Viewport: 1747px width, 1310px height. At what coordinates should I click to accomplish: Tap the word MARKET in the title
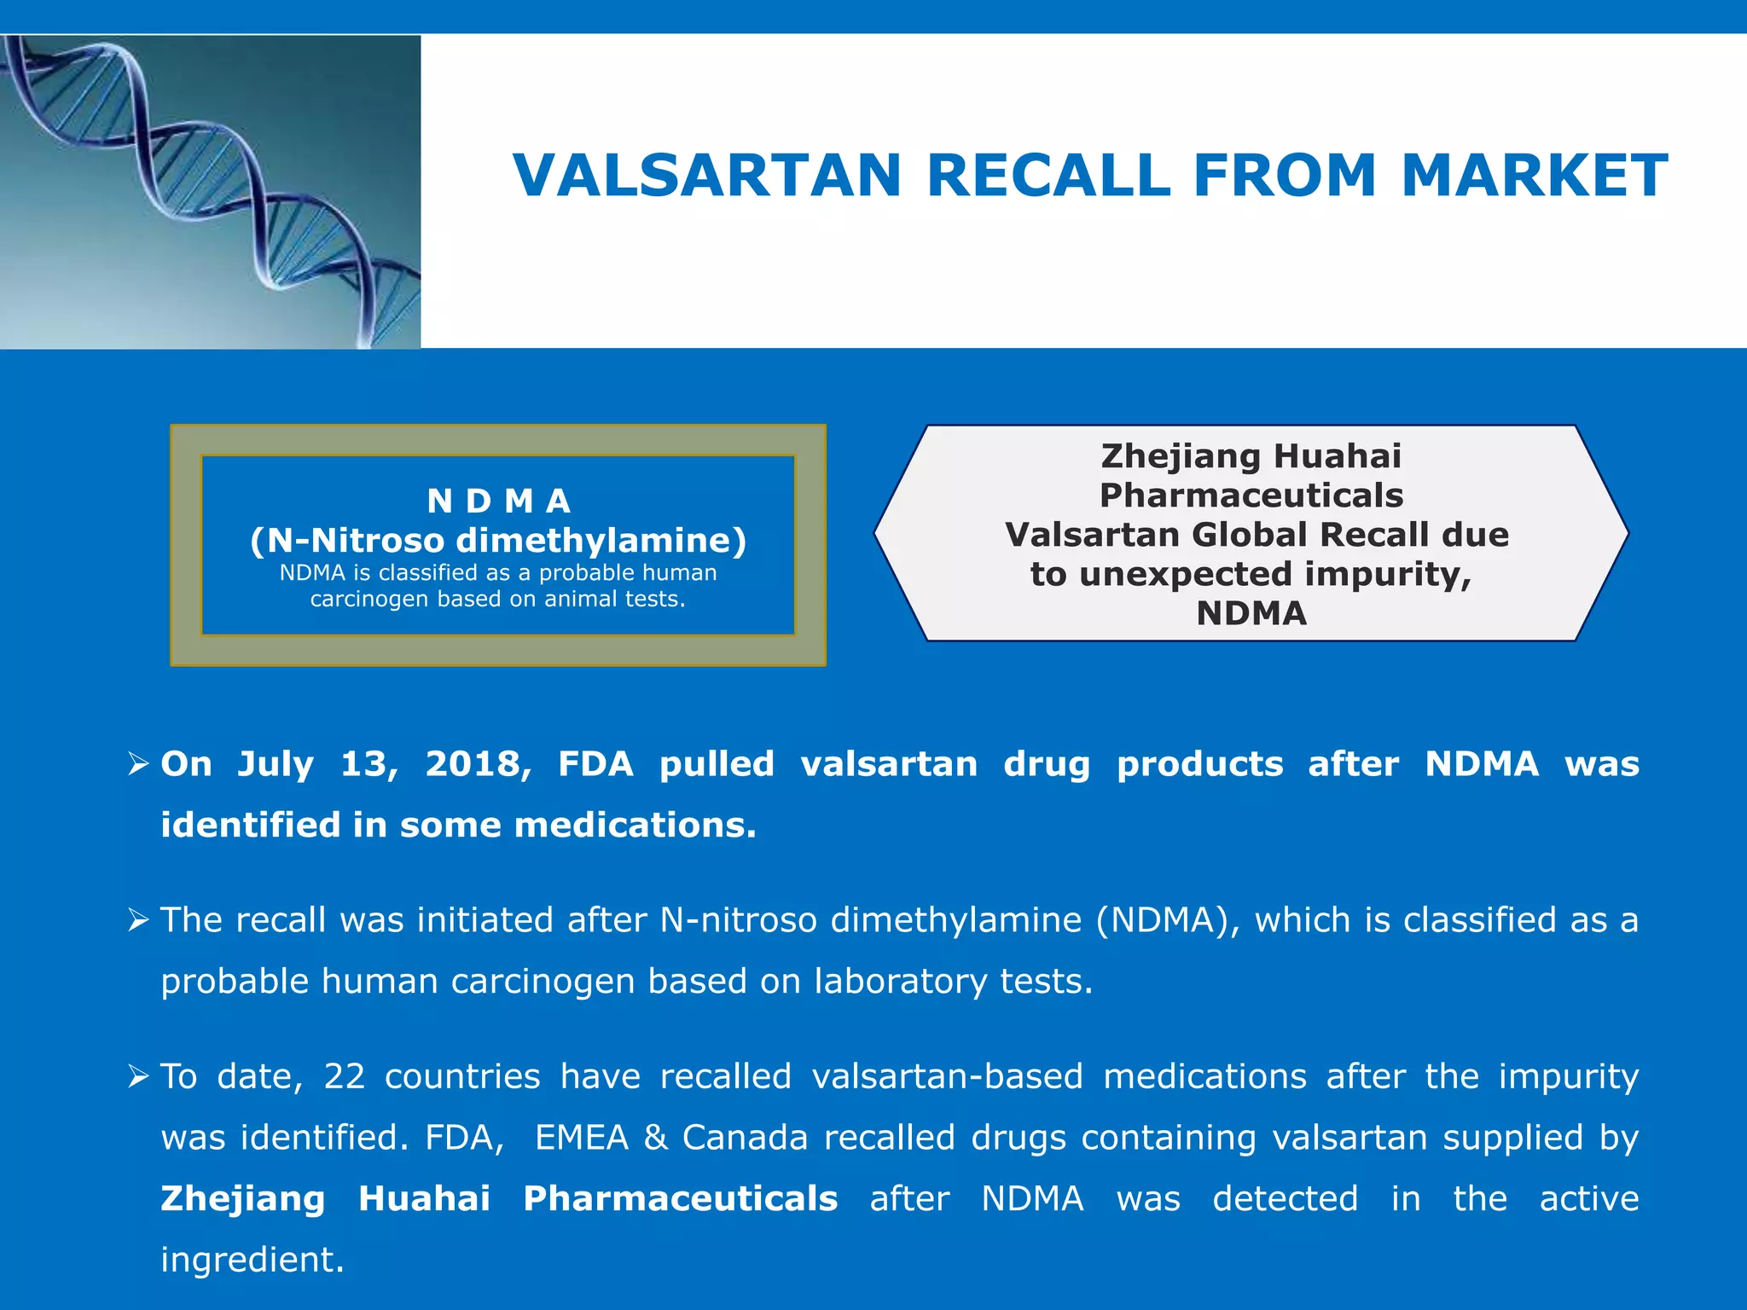(x=1534, y=176)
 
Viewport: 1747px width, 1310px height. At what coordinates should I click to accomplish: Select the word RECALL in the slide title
(x=1048, y=176)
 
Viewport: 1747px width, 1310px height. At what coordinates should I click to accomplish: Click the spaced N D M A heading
(x=498, y=501)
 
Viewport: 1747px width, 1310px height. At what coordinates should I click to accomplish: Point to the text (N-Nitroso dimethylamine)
(x=498, y=541)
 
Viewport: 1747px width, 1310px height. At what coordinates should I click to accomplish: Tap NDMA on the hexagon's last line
(x=1251, y=613)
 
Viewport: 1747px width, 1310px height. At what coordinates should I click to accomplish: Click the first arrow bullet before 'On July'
(x=139, y=763)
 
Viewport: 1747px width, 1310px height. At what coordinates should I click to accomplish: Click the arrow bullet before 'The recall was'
(x=139, y=920)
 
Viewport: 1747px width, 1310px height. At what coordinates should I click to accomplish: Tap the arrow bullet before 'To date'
(x=139, y=1076)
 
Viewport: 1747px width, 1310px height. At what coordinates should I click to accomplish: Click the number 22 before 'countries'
(x=345, y=1076)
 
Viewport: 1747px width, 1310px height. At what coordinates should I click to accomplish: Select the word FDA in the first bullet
(x=595, y=764)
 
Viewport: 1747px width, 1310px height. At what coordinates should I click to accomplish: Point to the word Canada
(x=745, y=1138)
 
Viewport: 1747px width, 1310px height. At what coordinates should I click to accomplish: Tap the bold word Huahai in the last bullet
(x=424, y=1199)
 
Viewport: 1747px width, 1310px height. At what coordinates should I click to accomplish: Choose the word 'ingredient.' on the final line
(x=252, y=1260)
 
